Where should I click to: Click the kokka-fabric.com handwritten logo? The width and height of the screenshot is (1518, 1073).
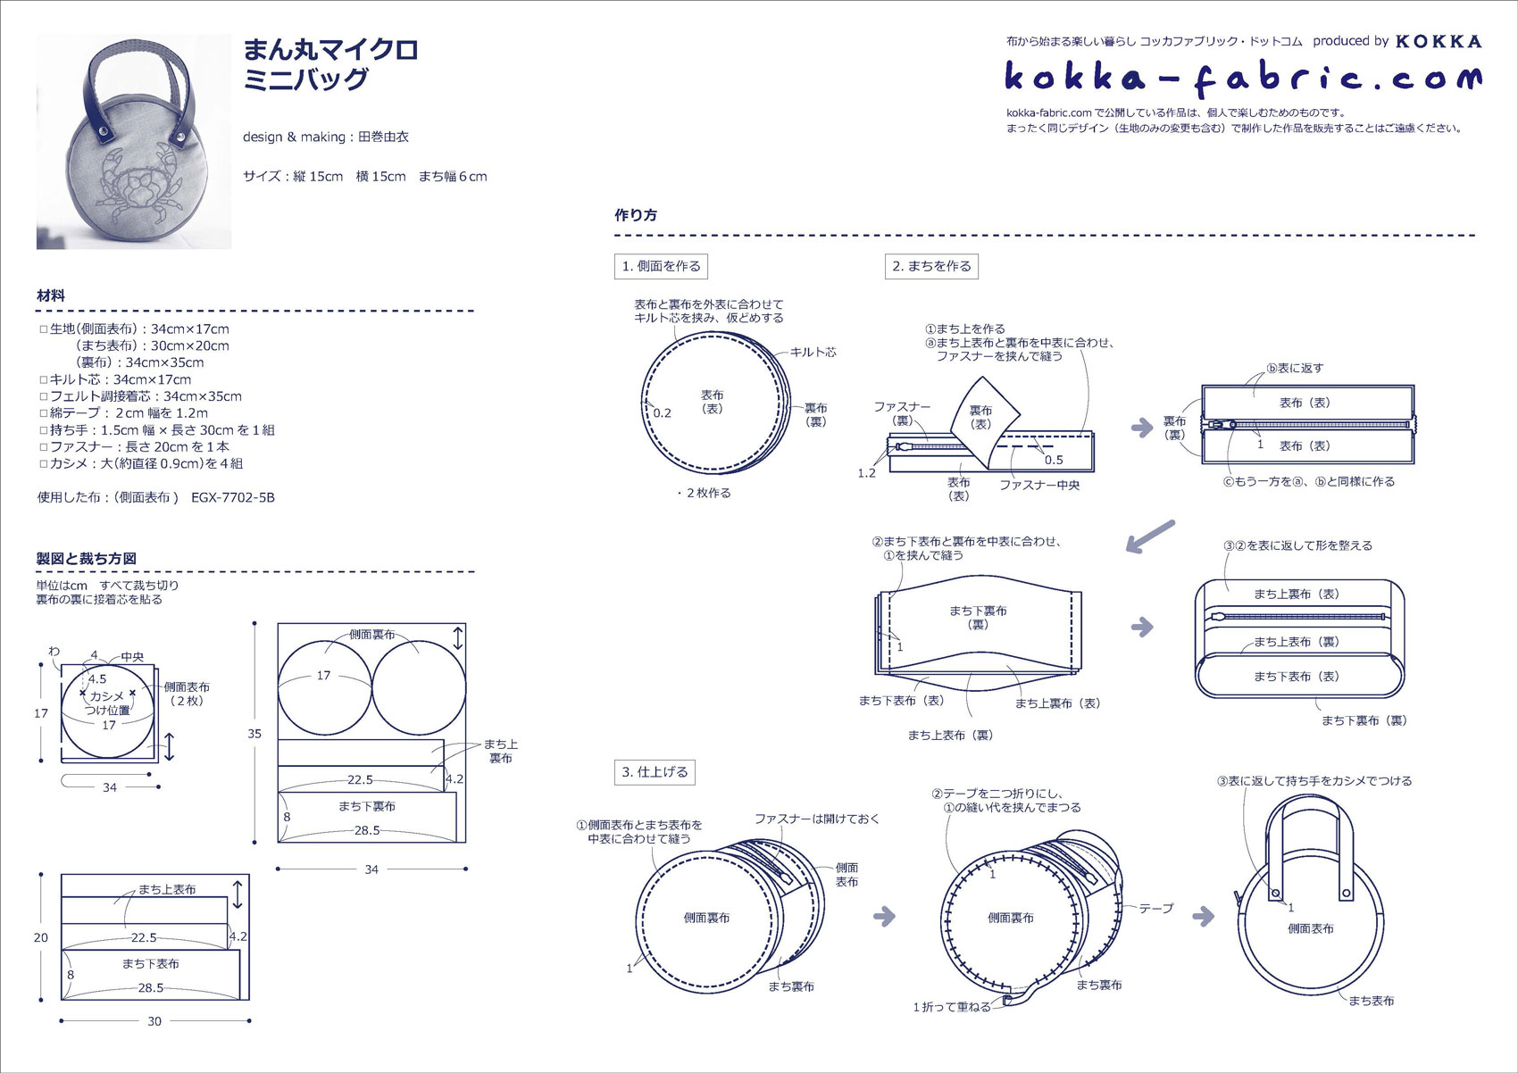(1242, 79)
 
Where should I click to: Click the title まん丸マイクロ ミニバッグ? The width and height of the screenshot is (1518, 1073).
(330, 64)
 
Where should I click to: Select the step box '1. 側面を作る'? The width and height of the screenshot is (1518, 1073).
(662, 266)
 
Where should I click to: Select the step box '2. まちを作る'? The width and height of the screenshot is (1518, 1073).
(931, 266)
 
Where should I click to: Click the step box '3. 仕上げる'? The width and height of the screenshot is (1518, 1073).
(655, 772)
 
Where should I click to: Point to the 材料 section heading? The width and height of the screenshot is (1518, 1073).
(51, 295)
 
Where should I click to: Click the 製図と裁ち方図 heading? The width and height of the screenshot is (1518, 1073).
(86, 559)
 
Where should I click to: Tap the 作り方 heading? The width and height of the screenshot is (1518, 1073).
(636, 215)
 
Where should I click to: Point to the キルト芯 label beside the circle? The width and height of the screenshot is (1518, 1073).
(813, 353)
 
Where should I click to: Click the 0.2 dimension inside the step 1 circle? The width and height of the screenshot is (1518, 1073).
(662, 413)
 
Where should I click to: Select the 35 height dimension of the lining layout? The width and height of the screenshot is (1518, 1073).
(254, 734)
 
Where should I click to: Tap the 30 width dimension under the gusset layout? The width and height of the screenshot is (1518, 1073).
(154, 1021)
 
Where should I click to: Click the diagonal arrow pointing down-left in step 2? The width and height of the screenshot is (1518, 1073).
(1150, 536)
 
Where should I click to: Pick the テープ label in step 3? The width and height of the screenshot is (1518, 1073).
(1155, 909)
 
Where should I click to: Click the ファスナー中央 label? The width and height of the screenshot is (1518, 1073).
(1039, 486)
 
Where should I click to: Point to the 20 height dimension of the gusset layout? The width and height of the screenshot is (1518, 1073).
(41, 937)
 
